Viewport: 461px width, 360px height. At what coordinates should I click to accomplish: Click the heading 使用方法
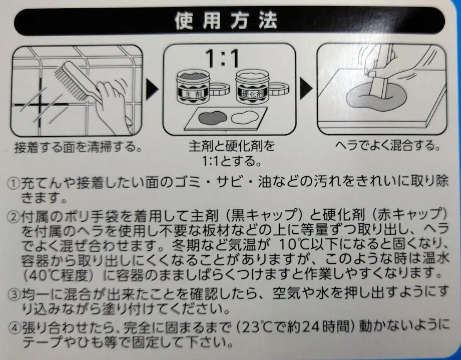(226, 21)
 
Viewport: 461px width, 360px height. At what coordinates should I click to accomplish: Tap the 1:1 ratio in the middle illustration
(222, 58)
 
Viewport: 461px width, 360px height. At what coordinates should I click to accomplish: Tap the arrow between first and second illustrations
(152, 88)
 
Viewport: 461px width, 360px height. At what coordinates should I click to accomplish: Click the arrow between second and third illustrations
(306, 88)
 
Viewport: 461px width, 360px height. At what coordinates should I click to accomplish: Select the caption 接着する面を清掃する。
(78, 147)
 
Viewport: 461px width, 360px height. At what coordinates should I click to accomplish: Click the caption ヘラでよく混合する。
(388, 145)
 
